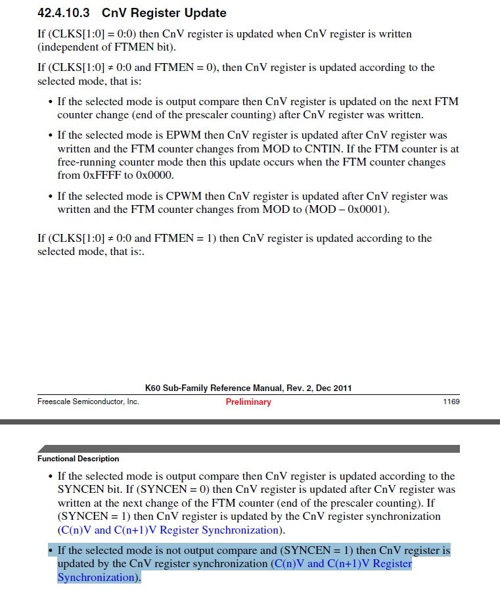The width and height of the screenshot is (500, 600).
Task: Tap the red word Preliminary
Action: pos(248,402)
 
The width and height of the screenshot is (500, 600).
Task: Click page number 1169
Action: pos(451,402)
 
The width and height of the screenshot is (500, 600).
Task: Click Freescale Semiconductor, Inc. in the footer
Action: pos(88,402)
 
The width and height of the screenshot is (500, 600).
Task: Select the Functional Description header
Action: pos(78,459)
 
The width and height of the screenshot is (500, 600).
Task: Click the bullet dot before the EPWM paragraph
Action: pos(51,135)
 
